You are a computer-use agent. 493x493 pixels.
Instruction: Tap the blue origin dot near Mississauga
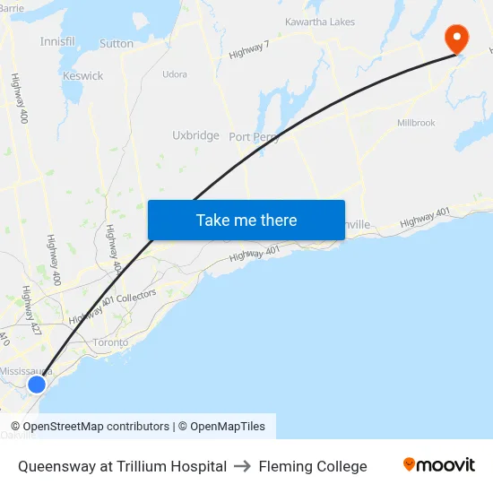[36, 385]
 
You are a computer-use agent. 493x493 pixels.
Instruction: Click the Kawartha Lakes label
[319, 22]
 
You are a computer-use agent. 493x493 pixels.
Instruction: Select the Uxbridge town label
[195, 135]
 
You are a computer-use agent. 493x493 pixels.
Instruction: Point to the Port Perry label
[254, 137]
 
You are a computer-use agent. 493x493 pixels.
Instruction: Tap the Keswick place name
[82, 76]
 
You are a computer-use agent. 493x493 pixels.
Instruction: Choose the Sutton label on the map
[117, 43]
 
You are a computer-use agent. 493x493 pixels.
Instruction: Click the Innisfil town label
[57, 41]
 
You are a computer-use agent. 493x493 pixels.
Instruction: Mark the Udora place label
[175, 74]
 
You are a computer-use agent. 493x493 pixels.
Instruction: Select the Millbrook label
[416, 123]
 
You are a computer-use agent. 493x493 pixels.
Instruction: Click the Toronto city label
[111, 342]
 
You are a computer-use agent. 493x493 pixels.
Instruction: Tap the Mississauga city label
[26, 371]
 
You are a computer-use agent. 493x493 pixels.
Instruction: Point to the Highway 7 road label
[248, 51]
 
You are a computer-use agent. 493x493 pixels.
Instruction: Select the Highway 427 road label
[31, 311]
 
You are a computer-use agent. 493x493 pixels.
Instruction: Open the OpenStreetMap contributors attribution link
[90, 427]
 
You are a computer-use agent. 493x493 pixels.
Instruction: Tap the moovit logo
[439, 465]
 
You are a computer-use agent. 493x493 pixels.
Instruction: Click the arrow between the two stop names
[242, 466]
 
